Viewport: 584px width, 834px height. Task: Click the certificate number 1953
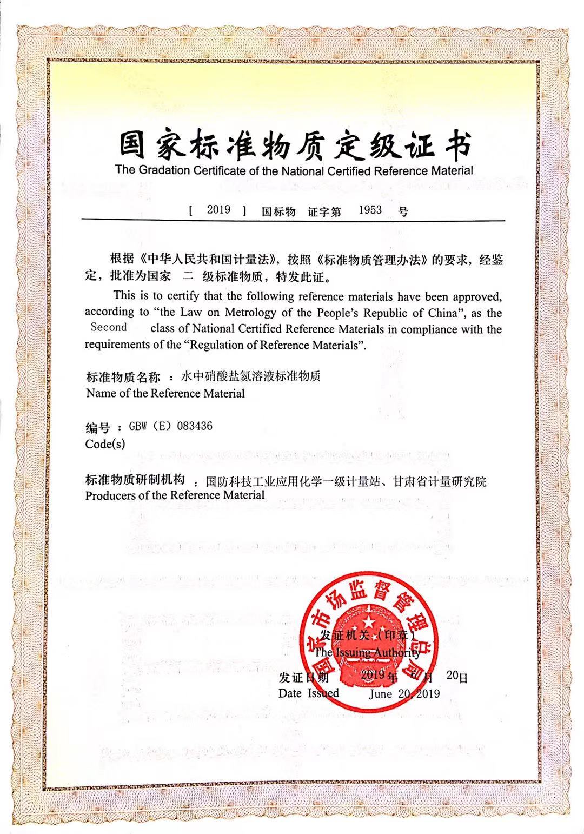370,210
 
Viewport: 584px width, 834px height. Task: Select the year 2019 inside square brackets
218,210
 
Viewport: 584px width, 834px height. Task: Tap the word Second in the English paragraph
109,327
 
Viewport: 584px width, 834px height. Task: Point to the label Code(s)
105,444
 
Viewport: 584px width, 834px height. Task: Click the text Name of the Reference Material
165,393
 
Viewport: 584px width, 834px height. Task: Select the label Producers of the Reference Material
175,495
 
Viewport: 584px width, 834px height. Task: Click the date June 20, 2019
404,694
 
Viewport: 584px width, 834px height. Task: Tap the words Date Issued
308,693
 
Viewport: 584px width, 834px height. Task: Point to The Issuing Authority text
368,653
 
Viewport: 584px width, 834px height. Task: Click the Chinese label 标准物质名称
123,377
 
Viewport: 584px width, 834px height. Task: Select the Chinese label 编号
97,428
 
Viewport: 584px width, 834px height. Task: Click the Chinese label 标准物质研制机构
135,480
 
